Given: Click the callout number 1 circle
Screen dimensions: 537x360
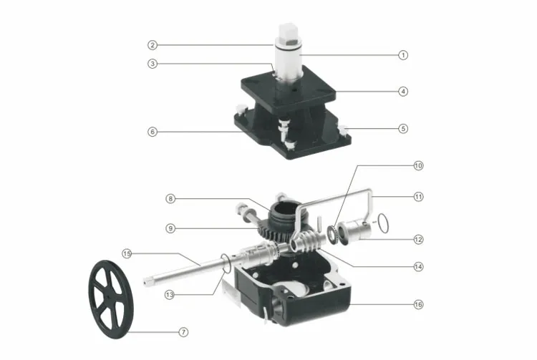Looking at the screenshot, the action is (x=403, y=55).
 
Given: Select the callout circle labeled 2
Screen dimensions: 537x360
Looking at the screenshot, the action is (x=153, y=45).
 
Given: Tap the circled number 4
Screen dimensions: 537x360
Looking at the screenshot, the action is (x=403, y=92).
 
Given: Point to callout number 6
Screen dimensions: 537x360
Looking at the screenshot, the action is (x=153, y=132).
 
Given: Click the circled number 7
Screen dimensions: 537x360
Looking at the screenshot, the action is (x=183, y=332).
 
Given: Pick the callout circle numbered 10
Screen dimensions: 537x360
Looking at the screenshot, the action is (x=419, y=165).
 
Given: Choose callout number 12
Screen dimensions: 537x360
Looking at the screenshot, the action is (x=419, y=240).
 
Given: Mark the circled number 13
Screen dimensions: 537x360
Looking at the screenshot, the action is (x=170, y=295).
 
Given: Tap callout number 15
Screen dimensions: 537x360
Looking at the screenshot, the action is (x=127, y=253).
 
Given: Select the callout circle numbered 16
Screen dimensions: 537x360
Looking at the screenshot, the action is (x=419, y=305).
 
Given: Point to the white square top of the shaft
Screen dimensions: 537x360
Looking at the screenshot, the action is (x=287, y=31).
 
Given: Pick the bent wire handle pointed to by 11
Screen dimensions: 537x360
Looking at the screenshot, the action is (x=370, y=198).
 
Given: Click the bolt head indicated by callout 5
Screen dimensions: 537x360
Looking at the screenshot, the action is (x=343, y=129).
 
